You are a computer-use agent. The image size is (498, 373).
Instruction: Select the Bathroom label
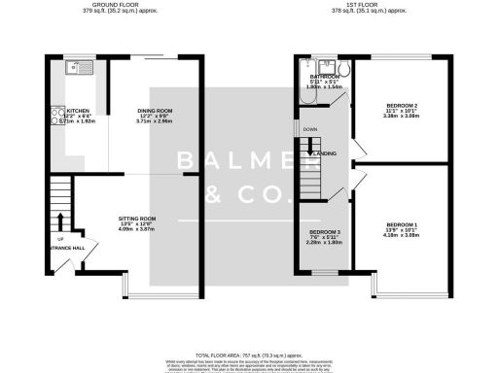[x=323, y=76]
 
